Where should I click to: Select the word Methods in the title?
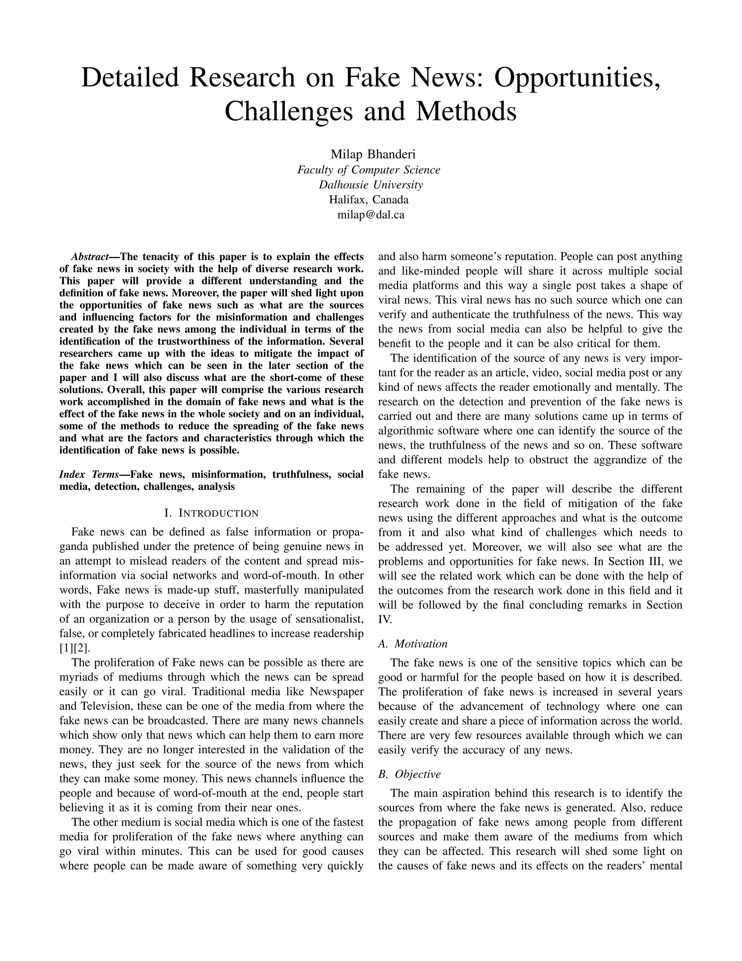466,111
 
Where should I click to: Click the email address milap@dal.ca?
371,215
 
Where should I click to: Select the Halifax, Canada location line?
369,200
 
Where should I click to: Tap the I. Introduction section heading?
211,513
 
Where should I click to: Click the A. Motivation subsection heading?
413,644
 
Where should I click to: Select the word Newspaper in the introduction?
336,692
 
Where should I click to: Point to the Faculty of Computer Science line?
369,170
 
